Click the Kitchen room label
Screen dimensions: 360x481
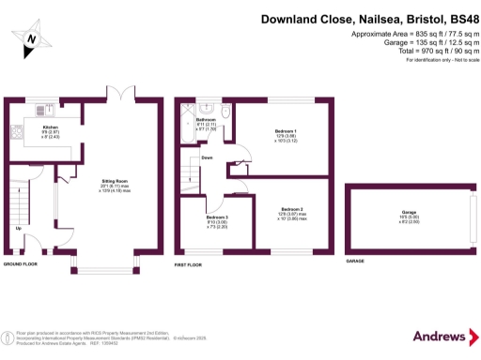click(51, 127)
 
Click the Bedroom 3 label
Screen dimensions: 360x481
click(217, 217)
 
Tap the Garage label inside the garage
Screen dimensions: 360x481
click(409, 213)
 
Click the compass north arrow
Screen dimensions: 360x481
click(31, 37)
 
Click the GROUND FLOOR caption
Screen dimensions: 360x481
click(19, 265)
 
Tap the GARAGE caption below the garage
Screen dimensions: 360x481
click(355, 261)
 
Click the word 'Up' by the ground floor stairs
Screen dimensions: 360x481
click(18, 228)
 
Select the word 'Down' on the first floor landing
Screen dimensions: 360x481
click(207, 157)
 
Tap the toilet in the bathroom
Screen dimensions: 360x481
click(225, 112)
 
